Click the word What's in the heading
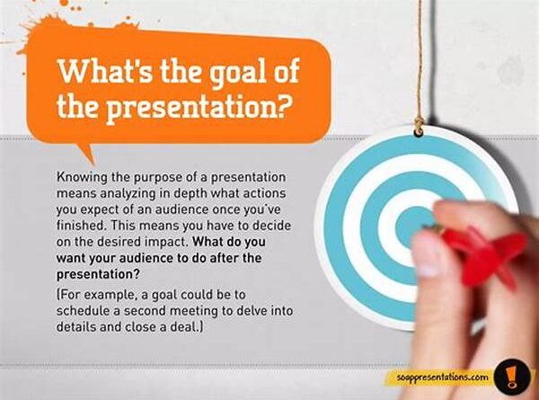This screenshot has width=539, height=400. [104, 71]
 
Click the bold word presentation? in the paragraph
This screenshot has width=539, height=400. [98, 275]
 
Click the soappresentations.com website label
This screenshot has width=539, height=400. [442, 377]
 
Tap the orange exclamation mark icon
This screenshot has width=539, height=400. [512, 377]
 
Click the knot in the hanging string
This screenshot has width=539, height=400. [419, 121]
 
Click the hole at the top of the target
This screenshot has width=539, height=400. [419, 132]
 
